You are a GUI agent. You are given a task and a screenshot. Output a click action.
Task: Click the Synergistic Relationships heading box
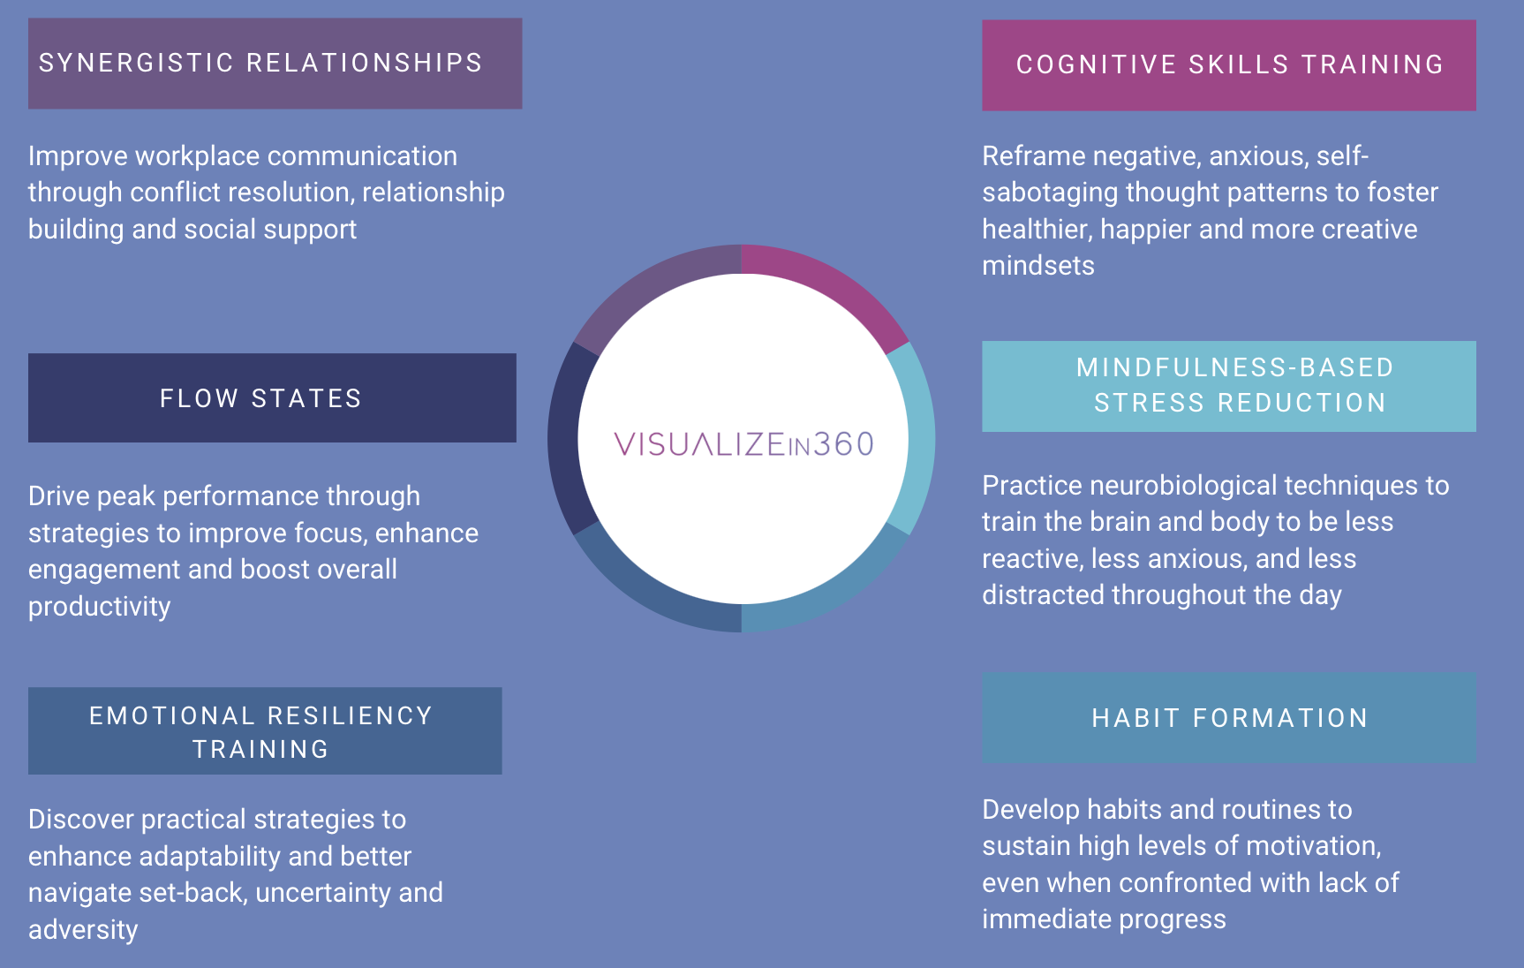(275, 64)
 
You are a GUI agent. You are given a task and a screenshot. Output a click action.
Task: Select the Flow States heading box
(272, 398)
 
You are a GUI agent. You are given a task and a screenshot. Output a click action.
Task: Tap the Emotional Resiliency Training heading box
(265, 731)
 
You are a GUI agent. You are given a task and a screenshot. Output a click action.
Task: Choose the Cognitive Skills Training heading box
(1228, 65)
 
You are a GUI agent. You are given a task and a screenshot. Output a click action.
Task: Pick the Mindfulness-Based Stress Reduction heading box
(1228, 386)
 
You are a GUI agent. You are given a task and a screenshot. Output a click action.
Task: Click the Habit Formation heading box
(1228, 718)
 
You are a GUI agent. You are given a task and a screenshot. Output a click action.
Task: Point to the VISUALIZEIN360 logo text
(743, 443)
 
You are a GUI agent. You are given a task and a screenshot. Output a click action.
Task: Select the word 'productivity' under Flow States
(100, 607)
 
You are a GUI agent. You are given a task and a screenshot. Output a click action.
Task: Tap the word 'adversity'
(83, 930)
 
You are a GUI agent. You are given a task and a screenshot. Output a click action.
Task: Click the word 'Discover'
(80, 820)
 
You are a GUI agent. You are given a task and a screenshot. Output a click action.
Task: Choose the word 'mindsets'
(1038, 266)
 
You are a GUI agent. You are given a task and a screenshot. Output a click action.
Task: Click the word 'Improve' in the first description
(78, 156)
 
